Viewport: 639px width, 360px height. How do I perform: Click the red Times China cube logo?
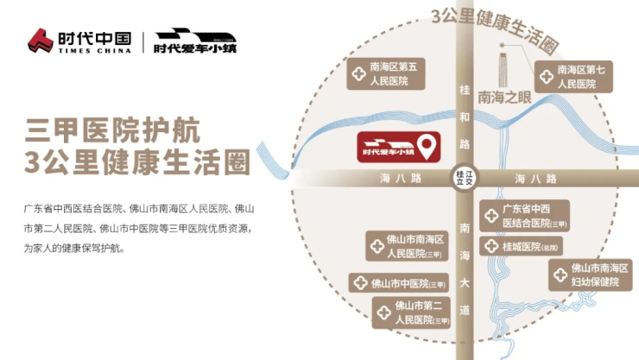41,40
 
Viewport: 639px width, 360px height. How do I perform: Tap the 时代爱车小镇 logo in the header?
195,40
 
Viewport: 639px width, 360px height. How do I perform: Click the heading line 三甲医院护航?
113,131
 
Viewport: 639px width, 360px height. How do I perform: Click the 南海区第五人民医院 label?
386,75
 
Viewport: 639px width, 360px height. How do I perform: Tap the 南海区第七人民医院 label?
574,76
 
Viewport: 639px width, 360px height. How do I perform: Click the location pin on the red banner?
426,143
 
